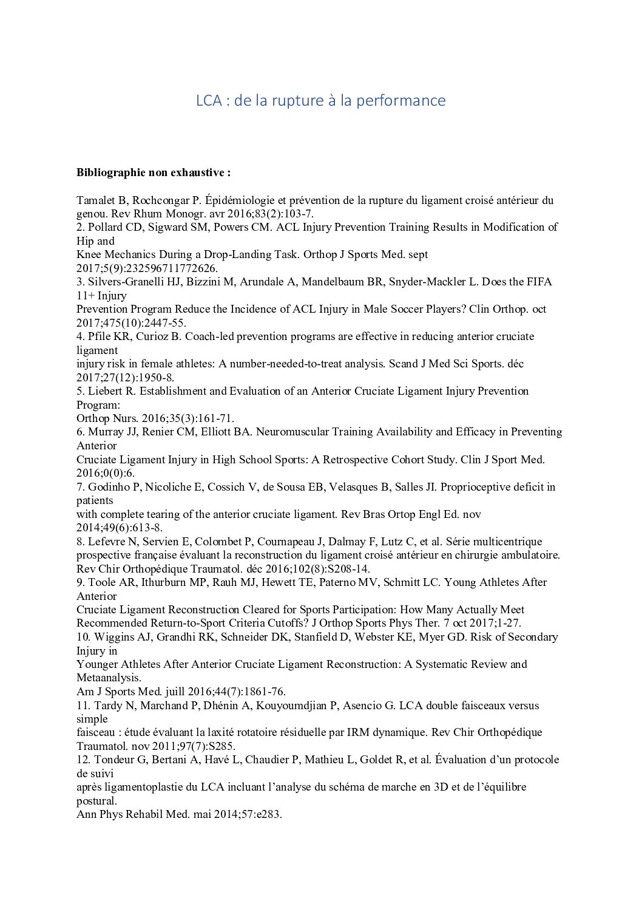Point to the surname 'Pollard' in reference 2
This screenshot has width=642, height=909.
click(x=107, y=228)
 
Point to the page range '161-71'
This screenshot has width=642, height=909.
click(x=214, y=418)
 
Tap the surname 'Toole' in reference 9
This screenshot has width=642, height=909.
click(x=102, y=582)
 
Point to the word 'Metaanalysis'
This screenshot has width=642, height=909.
click(x=108, y=678)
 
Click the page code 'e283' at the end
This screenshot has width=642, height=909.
click(x=270, y=814)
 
